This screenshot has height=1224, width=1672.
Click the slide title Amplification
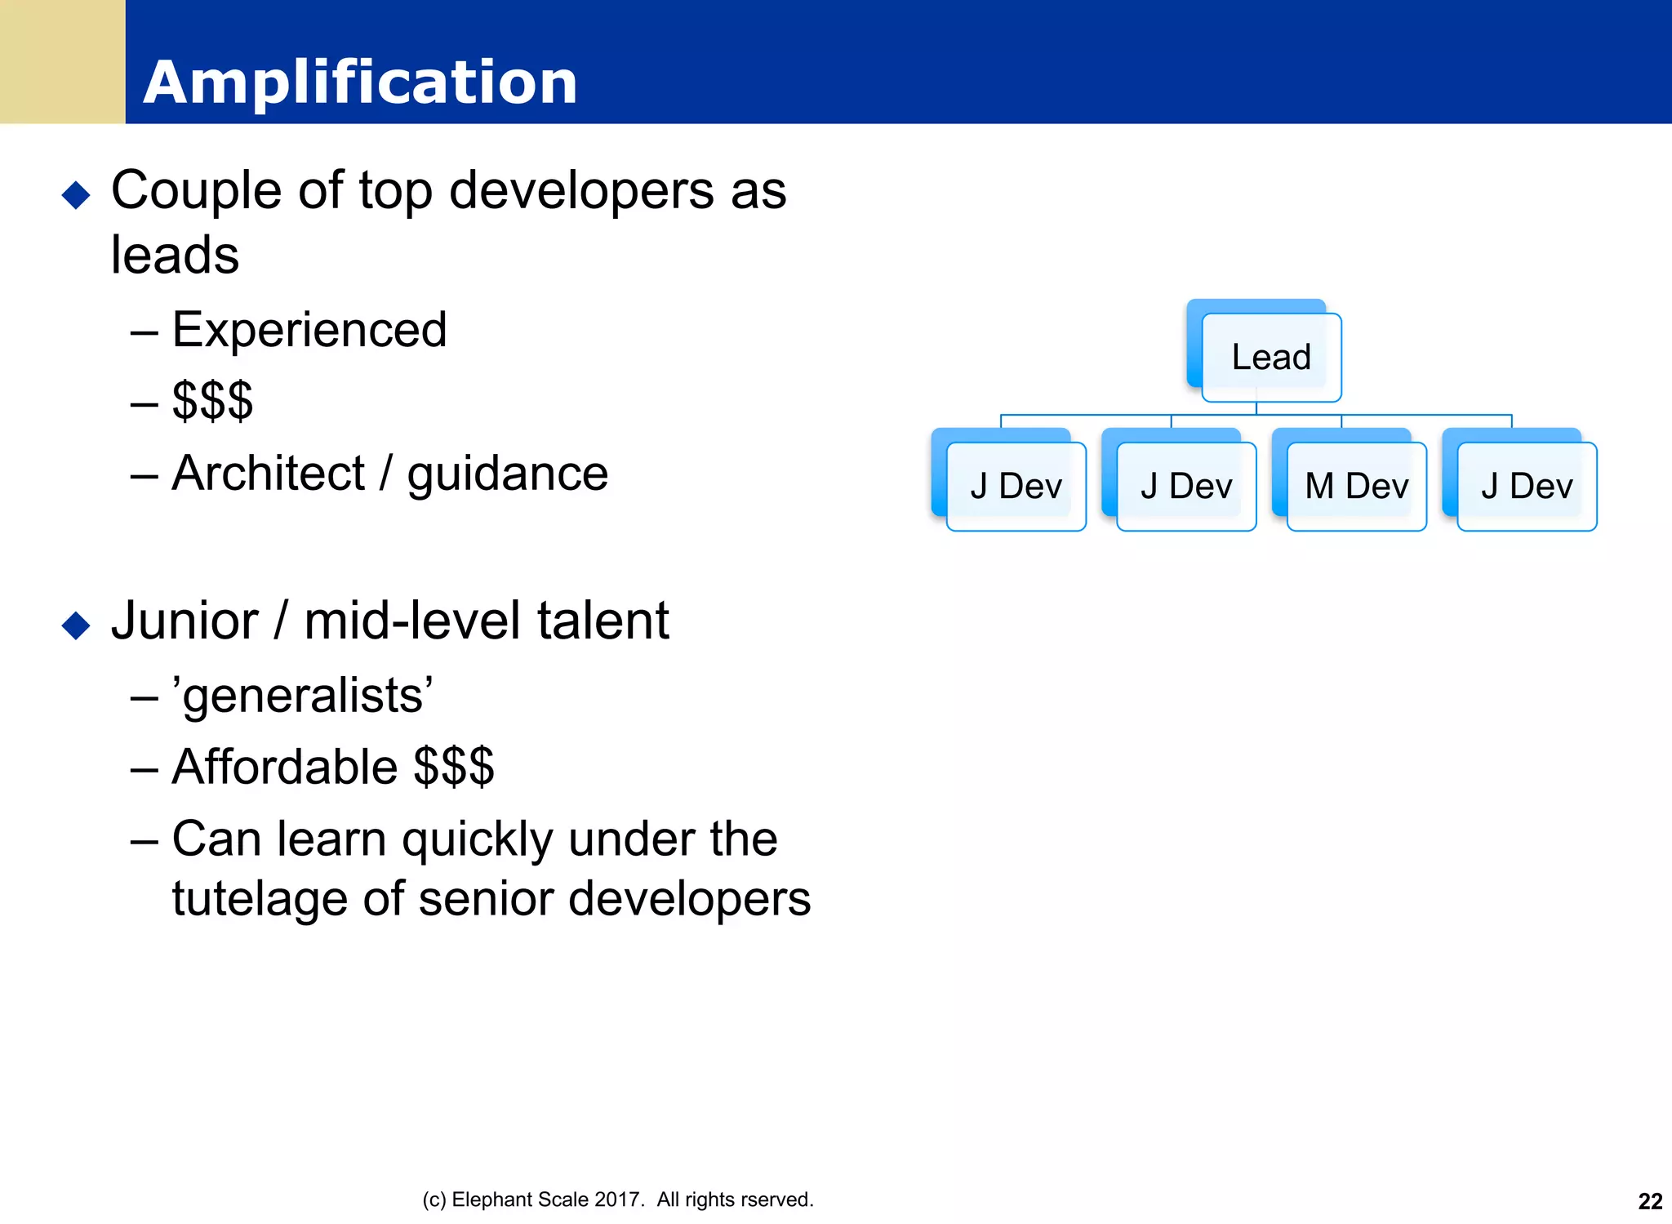pyautogui.click(x=360, y=82)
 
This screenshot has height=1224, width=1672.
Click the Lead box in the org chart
pyautogui.click(x=1270, y=358)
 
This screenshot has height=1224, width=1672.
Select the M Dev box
pyautogui.click(x=1356, y=487)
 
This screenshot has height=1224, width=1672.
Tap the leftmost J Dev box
pyautogui.click(x=1016, y=487)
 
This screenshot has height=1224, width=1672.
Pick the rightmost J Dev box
pyautogui.click(x=1526, y=487)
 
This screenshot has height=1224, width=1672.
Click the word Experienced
pyautogui.click(x=309, y=330)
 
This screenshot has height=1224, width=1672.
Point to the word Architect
pyautogui.click(x=268, y=474)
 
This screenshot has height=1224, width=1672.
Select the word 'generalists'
pyautogui.click(x=303, y=697)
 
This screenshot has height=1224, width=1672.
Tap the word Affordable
pyautogui.click(x=285, y=768)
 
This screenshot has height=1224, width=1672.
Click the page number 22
pyautogui.click(x=1650, y=1201)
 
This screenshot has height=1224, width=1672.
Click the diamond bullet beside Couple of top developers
pyautogui.click(x=76, y=195)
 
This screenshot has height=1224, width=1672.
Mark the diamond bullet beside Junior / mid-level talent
pyautogui.click(x=76, y=625)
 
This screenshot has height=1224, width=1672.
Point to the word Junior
pyautogui.click(x=185, y=621)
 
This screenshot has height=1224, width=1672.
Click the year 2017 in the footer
pyautogui.click(x=619, y=1200)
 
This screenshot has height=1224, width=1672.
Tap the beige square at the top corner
pyautogui.click(x=62, y=61)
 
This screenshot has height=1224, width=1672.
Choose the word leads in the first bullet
pyautogui.click(x=175, y=256)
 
